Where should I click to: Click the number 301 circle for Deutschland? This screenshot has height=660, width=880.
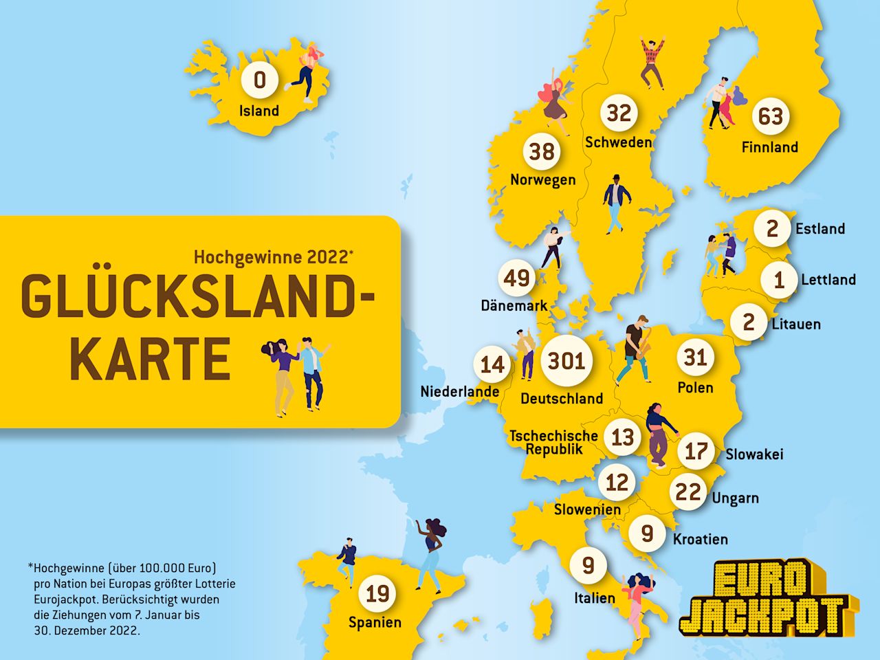tap(566, 360)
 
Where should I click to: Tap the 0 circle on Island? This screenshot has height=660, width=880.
tap(260, 80)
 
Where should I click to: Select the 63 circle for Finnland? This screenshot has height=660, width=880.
tap(770, 116)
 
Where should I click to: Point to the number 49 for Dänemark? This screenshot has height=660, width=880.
tap(517, 278)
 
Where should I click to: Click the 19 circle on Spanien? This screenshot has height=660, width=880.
tap(377, 593)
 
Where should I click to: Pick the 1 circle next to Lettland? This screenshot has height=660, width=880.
tap(778, 280)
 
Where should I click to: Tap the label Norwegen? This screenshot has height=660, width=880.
tap(542, 180)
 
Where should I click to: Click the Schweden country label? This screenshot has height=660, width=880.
tap(618, 142)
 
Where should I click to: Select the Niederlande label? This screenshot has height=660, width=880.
tap(460, 392)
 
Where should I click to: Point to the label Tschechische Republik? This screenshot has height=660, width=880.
tap(553, 442)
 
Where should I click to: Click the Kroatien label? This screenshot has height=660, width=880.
tap(700, 539)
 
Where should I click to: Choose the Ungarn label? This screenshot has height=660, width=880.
tap(735, 498)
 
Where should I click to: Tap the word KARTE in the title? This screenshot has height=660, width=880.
tap(150, 360)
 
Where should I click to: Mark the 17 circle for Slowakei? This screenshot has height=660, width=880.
tap(696, 452)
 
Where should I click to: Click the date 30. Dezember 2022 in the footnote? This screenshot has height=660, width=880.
tap(87, 630)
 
